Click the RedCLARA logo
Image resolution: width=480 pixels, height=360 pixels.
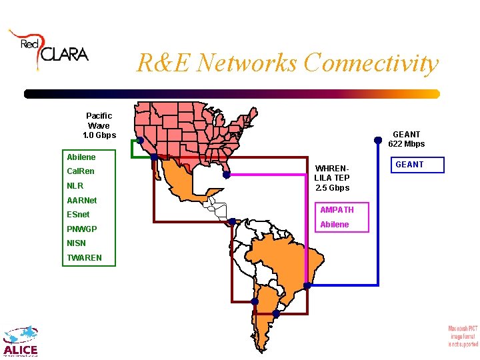click(x=48, y=49)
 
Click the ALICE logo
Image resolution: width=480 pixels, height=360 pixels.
click(x=20, y=341)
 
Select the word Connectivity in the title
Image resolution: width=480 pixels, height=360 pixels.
click(x=371, y=63)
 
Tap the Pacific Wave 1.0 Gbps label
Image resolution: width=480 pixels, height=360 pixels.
click(x=99, y=125)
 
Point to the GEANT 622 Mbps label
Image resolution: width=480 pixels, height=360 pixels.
click(x=406, y=139)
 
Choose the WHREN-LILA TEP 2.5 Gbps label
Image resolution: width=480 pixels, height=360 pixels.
click(x=332, y=178)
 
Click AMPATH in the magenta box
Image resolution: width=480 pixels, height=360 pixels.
click(x=337, y=210)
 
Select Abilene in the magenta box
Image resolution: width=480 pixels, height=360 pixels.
click(x=335, y=225)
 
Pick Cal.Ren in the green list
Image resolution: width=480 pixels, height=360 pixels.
click(x=81, y=171)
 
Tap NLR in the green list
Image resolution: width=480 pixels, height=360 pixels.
click(x=75, y=186)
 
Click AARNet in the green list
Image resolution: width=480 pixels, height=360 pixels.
click(x=82, y=200)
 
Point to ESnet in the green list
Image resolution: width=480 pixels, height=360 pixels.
click(x=79, y=215)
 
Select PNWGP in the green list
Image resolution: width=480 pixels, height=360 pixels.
click(x=82, y=229)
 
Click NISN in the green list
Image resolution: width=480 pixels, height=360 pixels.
click(x=77, y=243)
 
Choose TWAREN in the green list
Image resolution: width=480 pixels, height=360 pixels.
click(x=85, y=258)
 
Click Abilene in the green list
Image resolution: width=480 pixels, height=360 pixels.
click(x=81, y=157)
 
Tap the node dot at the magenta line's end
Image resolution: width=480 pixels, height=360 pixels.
click(x=227, y=175)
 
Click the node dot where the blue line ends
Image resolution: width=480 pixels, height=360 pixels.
click(x=307, y=285)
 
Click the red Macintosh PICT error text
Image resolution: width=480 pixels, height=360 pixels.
click(x=463, y=336)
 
